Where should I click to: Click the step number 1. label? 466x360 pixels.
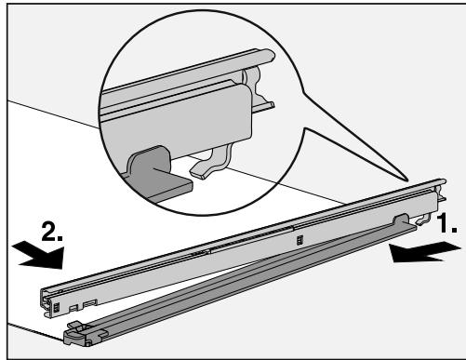pyautogui.click(x=447, y=225)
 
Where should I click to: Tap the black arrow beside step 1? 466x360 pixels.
pyautogui.click(x=424, y=247)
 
